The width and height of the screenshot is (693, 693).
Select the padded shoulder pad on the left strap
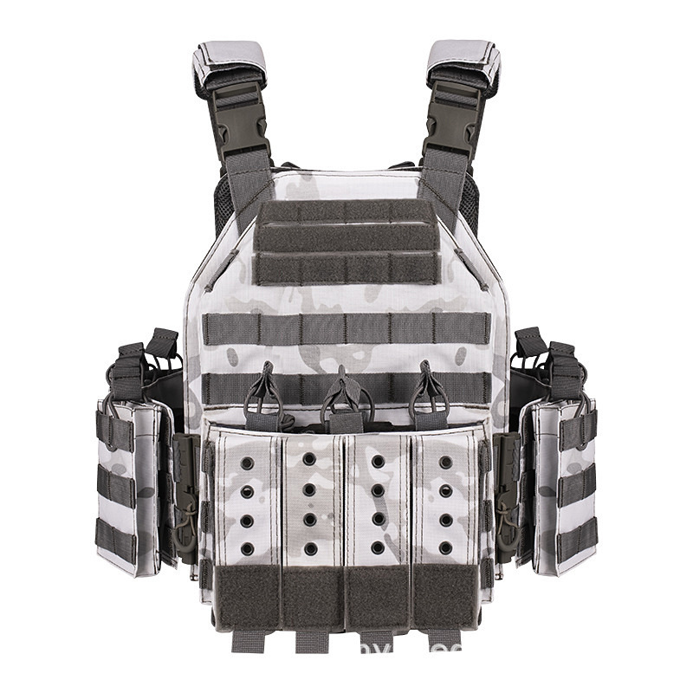tap(227, 63)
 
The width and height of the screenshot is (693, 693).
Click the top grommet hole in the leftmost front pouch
tap(248, 463)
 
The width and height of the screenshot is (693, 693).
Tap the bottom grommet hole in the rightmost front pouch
tap(445, 548)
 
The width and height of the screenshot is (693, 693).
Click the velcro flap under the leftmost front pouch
tap(247, 598)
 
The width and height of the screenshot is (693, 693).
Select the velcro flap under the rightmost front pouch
tap(445, 598)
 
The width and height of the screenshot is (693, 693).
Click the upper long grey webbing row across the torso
tap(346, 329)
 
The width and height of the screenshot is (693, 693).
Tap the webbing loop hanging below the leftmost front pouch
tap(247, 640)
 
